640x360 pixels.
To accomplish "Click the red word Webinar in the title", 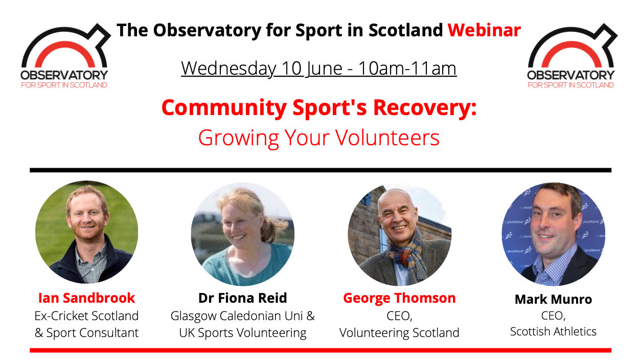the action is pos(484,30).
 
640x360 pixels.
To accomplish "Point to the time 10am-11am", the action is pos(407,69).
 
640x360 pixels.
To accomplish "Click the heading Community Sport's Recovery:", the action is pos(319,108).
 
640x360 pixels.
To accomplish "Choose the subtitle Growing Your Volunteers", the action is pos(319,138).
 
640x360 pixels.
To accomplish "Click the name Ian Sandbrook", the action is pos(86,298).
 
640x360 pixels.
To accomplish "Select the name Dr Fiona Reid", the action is pos(243,298).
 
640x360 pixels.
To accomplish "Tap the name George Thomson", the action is pos(399,298).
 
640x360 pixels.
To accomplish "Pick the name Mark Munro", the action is pos(554,299).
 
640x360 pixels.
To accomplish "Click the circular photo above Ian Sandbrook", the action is pos(86,232).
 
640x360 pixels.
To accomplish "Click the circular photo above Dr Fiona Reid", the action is pos(243,234).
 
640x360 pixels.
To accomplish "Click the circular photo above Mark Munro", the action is pos(554,234).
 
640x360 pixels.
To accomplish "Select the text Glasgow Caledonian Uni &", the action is pos(243,316).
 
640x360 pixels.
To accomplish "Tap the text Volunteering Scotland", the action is pos(399,333).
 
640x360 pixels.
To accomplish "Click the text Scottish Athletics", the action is pos(554,331).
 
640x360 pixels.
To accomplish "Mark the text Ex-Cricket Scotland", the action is pos(86,316).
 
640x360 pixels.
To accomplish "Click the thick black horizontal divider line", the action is pos(321,170).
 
